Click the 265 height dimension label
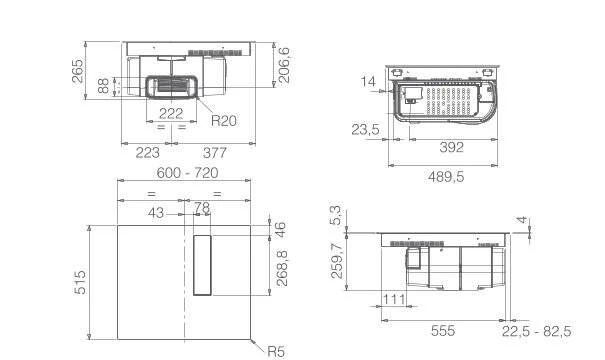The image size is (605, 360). point(78,71)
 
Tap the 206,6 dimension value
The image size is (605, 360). point(284,65)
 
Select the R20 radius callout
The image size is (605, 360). point(223,121)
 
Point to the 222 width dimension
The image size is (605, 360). point(171,113)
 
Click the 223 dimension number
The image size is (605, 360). point(147,153)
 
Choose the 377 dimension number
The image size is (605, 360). point(215,153)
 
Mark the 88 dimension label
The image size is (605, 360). point(103,86)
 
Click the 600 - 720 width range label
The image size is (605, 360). point(187,172)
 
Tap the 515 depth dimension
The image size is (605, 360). point(80,282)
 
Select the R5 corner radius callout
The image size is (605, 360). point(276,352)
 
